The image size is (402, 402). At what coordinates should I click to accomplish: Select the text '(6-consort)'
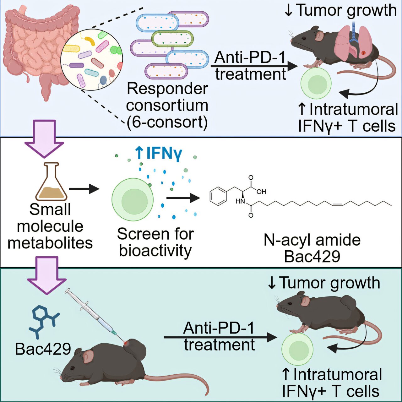pos(167,122)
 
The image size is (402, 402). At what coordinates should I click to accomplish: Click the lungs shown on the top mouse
pos(354,41)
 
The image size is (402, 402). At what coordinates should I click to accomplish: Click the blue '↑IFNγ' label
pos(158,153)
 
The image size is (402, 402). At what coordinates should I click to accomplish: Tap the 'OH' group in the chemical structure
pos(261,192)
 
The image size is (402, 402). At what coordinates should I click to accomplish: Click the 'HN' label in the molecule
pos(240,201)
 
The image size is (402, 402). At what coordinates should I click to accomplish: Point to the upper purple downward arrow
pos(44,139)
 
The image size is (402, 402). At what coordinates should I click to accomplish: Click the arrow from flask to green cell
pos(84,189)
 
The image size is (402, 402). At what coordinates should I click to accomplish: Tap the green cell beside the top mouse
pos(316,84)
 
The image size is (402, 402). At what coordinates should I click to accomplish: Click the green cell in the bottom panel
pos(297,349)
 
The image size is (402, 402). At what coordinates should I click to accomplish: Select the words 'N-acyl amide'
pos(312,240)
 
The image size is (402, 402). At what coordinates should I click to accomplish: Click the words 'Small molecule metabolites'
pos(50,226)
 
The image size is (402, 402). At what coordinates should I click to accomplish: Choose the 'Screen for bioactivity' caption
pos(155,242)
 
